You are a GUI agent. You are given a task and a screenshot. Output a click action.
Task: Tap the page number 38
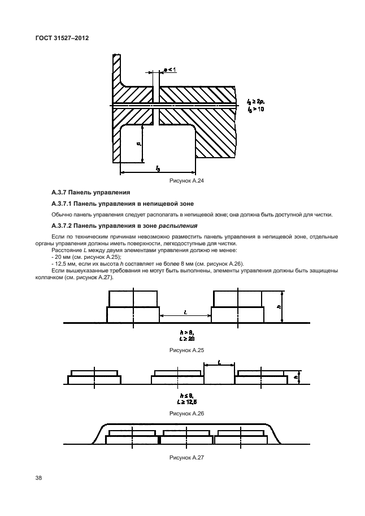point(38,478)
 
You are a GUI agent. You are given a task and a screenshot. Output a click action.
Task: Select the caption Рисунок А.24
point(186,181)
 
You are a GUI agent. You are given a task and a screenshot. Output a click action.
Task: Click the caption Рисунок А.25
point(186,350)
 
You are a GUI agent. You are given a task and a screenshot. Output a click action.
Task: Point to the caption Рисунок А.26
point(186,414)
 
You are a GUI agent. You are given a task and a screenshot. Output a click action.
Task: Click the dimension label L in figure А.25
point(185,311)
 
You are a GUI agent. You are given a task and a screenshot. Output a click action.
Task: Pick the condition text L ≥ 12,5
point(186,402)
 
